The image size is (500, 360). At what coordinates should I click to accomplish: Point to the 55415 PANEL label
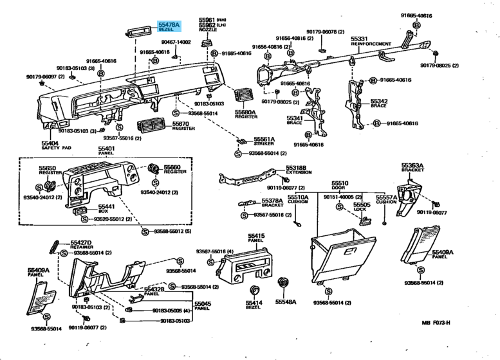257,239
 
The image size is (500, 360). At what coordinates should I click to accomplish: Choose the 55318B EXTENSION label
297,170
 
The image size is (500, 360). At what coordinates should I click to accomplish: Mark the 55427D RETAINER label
80,244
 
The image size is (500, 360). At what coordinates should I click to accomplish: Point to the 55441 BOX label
106,208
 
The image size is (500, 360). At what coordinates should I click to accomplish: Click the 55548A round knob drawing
282,283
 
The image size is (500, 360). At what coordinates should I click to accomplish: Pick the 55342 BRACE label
379,103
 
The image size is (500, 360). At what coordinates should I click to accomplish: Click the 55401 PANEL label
106,152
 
